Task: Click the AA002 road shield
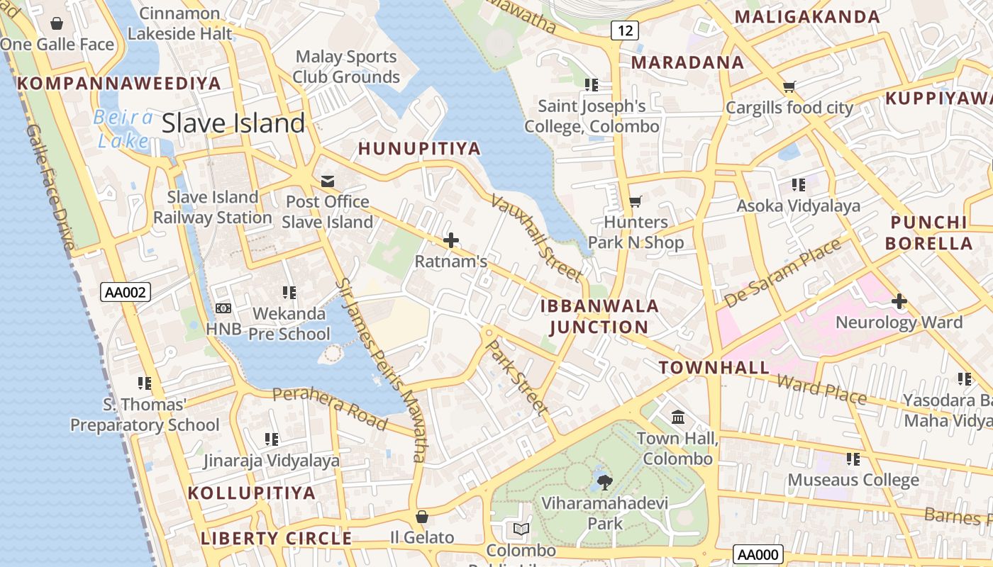pos(126,292)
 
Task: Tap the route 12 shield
pos(624,30)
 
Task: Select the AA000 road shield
pos(758,555)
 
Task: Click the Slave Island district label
pos(233,123)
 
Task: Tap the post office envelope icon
pos(328,181)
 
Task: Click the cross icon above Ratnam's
pos(450,241)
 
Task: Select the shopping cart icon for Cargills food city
pos(789,87)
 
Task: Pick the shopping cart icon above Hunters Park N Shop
pos(636,202)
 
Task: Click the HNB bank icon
pos(223,308)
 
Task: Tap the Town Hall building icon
pos(677,417)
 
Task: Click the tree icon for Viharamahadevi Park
pos(604,483)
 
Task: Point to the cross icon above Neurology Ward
pos(899,301)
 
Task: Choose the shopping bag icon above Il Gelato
pos(422,517)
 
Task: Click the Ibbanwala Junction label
pos(599,316)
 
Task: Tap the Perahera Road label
pos(330,408)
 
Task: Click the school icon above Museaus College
pos(853,459)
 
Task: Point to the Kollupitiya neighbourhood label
pos(252,493)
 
